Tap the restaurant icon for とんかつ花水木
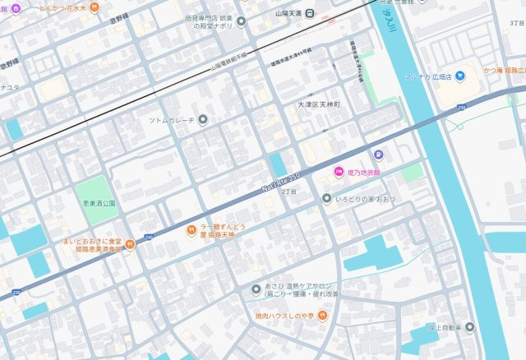[95, 7]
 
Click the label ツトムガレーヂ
[171, 120]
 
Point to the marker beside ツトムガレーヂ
[203, 120]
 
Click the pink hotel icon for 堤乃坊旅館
[337, 171]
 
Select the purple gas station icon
[378, 154]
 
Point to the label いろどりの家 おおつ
[365, 198]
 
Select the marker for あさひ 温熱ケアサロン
[256, 289]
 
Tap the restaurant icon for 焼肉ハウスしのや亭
[324, 315]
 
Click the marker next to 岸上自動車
[469, 326]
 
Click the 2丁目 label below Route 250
[288, 191]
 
